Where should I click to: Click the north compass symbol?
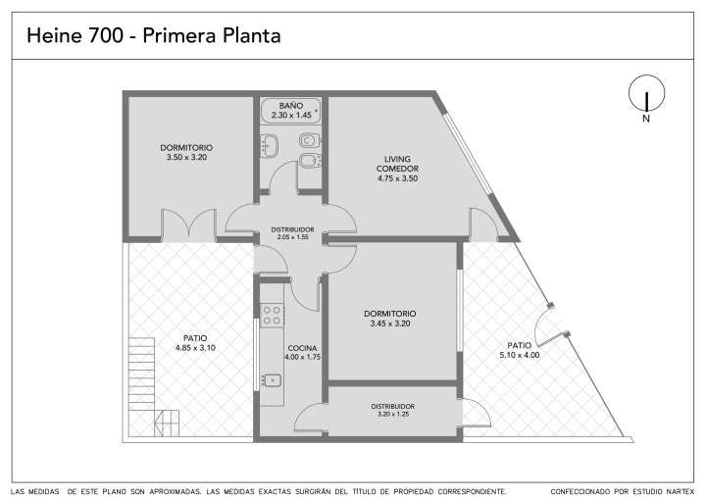click(x=646, y=93)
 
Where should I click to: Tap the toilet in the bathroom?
click(x=310, y=140)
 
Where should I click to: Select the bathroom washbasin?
click(x=271, y=146)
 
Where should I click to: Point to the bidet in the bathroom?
click(x=310, y=161)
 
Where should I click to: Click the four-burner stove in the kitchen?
click(x=273, y=315)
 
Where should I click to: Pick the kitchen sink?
click(x=272, y=380)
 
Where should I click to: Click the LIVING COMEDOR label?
click(x=397, y=164)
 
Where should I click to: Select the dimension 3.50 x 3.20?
click(x=186, y=157)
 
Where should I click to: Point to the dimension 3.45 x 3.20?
click(x=390, y=324)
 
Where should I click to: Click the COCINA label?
click(x=302, y=348)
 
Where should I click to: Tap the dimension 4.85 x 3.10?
click(x=195, y=348)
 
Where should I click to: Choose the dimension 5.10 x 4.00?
click(x=520, y=355)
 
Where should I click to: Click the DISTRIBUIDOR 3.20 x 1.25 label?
click(x=393, y=410)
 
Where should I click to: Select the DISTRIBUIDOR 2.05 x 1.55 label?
click(x=292, y=233)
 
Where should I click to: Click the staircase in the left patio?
click(x=154, y=387)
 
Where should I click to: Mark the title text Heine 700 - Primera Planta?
click(x=154, y=35)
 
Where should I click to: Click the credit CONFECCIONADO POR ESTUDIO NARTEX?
click(x=622, y=491)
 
